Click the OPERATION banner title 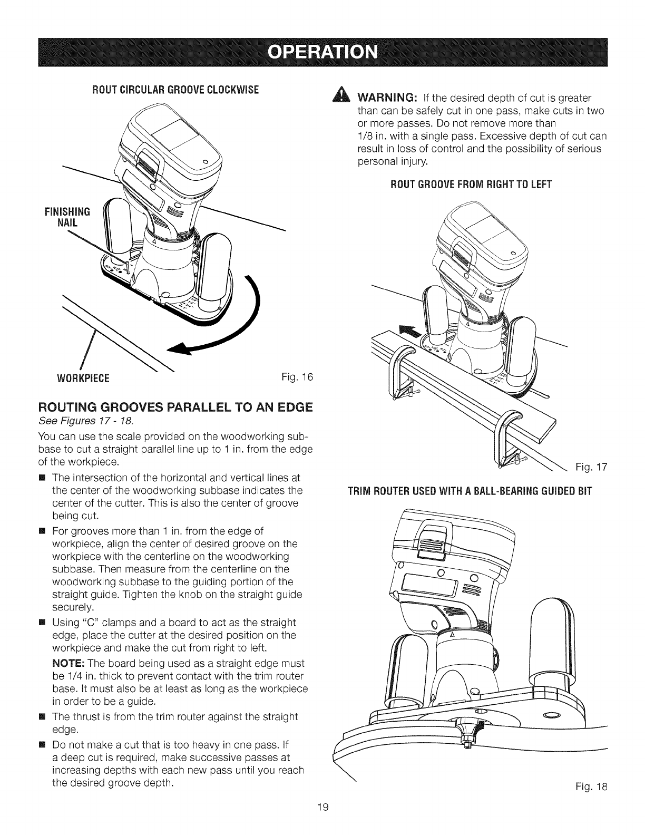(x=322, y=52)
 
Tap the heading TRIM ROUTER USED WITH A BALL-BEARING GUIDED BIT (x=471, y=492)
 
